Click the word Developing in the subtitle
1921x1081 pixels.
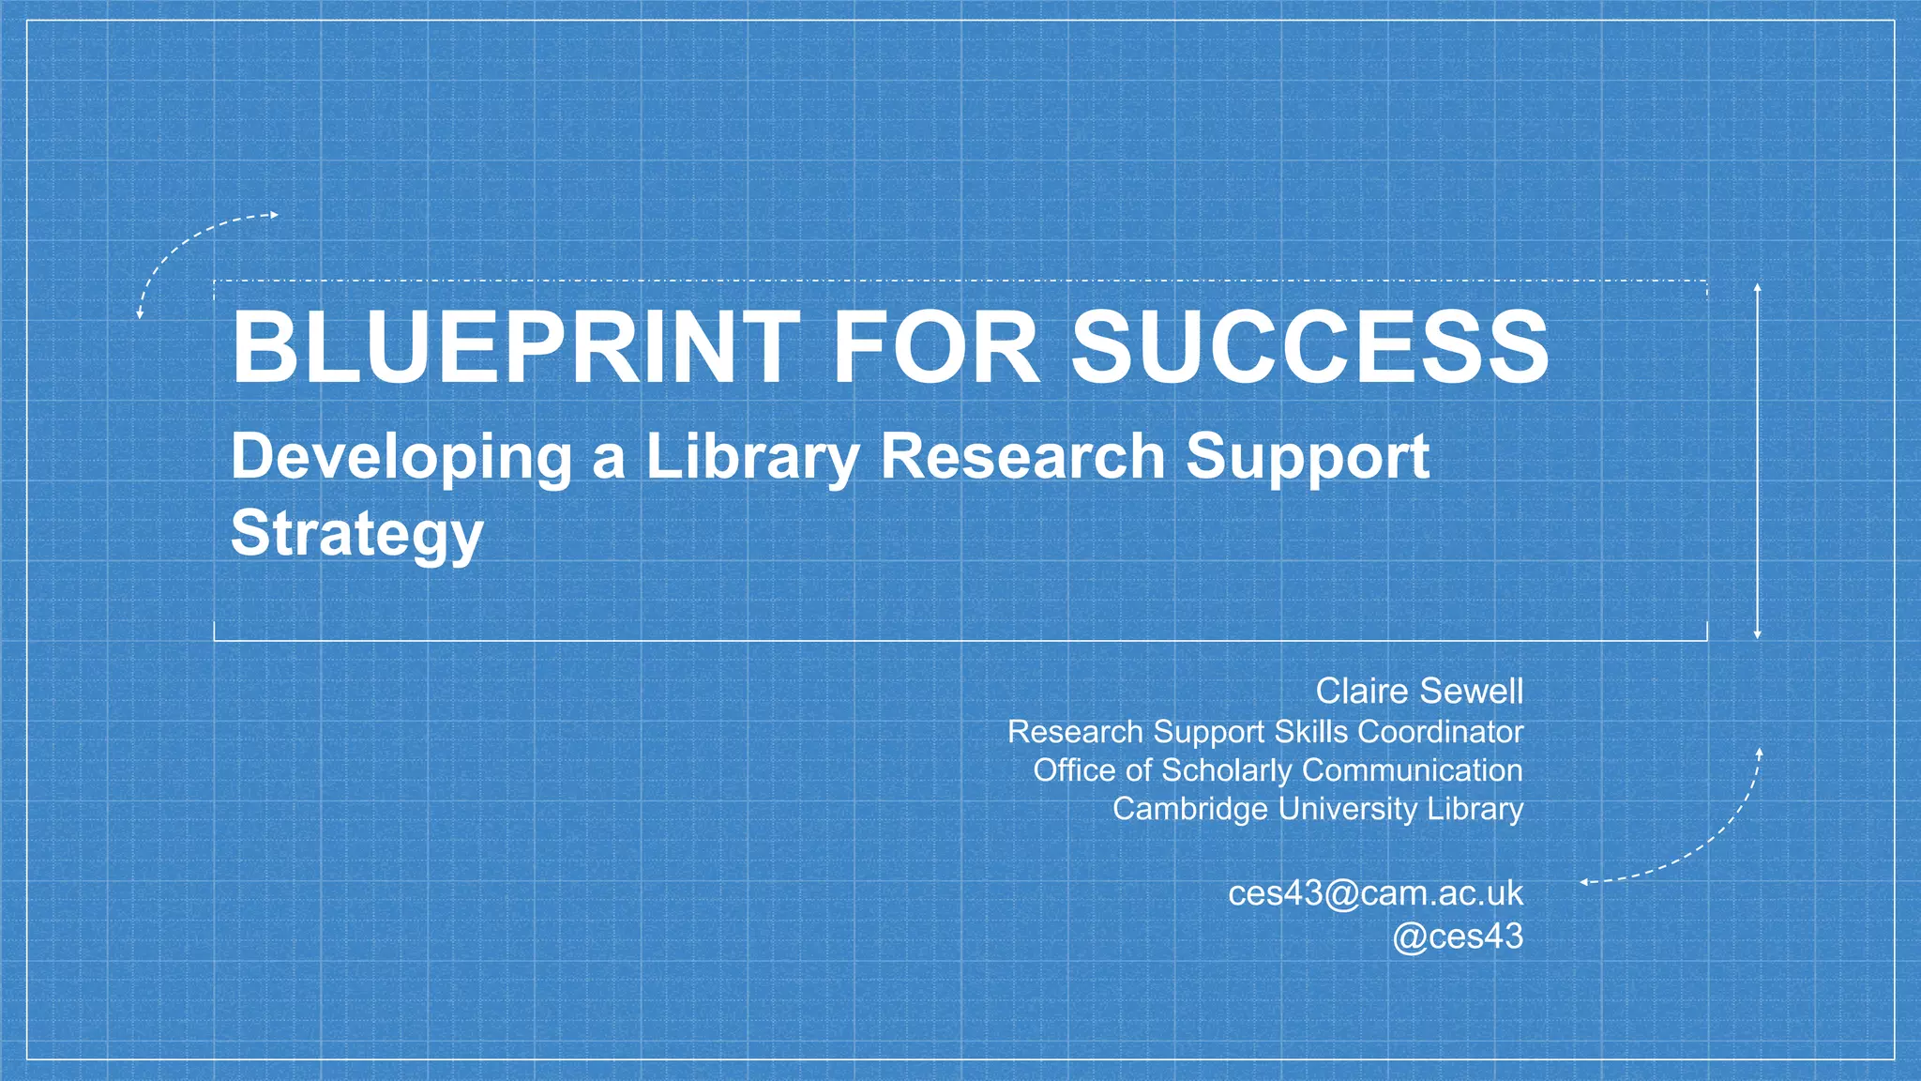coord(401,457)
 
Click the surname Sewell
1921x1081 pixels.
coord(1470,692)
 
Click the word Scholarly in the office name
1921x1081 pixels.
coord(1227,770)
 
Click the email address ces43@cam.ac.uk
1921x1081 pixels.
coord(1375,893)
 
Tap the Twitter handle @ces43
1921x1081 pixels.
coord(1458,936)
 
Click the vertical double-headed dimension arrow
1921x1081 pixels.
coord(1757,460)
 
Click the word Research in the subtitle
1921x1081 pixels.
coord(1022,457)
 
